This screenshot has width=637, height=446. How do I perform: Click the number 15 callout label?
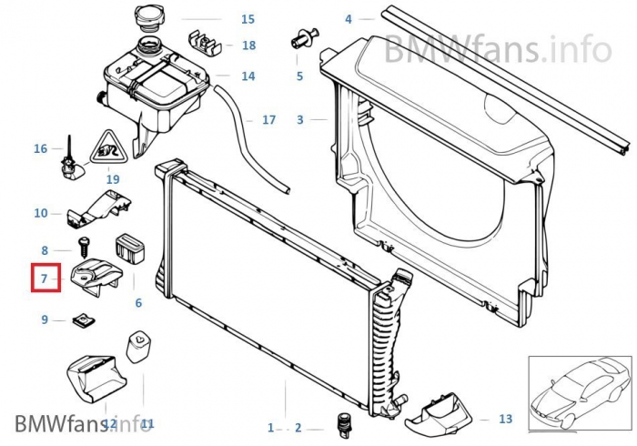click(x=248, y=19)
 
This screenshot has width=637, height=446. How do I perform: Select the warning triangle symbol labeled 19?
click(x=108, y=147)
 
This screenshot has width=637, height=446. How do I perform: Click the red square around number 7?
click(x=45, y=278)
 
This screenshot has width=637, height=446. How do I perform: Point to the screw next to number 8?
click(x=84, y=248)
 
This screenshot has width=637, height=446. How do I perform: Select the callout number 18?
click(x=249, y=46)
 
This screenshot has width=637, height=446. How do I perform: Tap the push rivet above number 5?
click(x=305, y=38)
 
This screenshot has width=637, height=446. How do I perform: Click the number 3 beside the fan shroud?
click(x=299, y=119)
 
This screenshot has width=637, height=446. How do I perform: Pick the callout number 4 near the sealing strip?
click(x=349, y=19)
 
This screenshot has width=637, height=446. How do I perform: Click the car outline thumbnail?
click(x=580, y=393)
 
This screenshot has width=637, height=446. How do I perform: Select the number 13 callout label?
click(x=505, y=419)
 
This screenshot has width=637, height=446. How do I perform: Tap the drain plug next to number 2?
click(x=344, y=426)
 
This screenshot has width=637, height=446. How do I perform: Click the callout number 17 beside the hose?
click(x=269, y=120)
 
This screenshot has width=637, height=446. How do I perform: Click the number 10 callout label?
click(x=41, y=213)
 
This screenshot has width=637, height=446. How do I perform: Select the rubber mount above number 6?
click(x=130, y=247)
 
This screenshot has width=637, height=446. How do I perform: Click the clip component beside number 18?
click(x=205, y=42)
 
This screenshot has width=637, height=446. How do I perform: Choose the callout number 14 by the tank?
click(x=248, y=76)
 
